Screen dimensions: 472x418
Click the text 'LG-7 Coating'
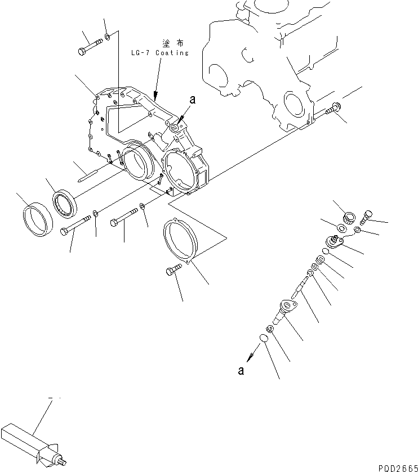[159, 53]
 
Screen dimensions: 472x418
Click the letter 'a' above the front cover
[192, 100]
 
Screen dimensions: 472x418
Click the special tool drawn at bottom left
[34, 442]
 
